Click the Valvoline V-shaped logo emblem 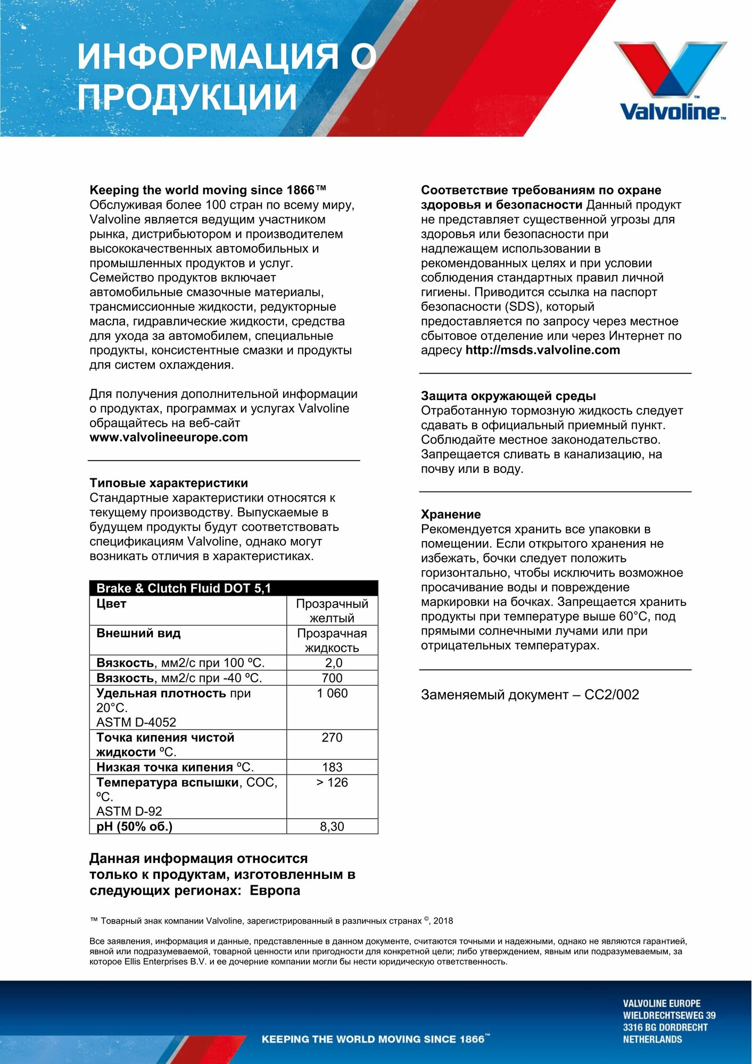tap(670, 69)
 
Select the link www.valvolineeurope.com tap(169, 437)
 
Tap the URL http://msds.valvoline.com tap(542, 350)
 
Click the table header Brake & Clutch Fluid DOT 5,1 tap(184, 588)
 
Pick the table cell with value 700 tap(332, 678)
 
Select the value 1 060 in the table tap(332, 693)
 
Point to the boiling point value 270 tap(332, 737)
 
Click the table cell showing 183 tap(332, 767)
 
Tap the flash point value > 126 tap(332, 783)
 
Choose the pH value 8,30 tap(332, 827)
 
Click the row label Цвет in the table tap(111, 604)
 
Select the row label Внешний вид tap(138, 634)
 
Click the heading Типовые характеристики tap(169, 483)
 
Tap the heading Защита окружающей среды tap(508, 396)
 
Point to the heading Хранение tap(451, 514)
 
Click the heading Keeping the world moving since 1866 tap(208, 190)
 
